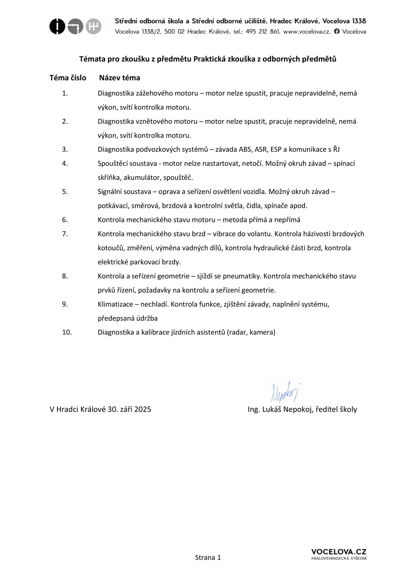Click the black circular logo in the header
pyautogui.click(x=57, y=26)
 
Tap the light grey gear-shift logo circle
pyautogui.click(x=93, y=26)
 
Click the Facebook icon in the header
pyautogui.click(x=337, y=31)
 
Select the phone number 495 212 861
pyautogui.click(x=262, y=31)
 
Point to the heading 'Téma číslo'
pyautogui.click(x=68, y=78)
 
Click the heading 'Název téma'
pyautogui.click(x=120, y=78)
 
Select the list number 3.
pyautogui.click(x=65, y=150)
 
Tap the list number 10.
pyautogui.click(x=67, y=332)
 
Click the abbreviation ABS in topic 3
pyautogui.click(x=245, y=150)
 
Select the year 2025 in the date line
pyautogui.click(x=143, y=410)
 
